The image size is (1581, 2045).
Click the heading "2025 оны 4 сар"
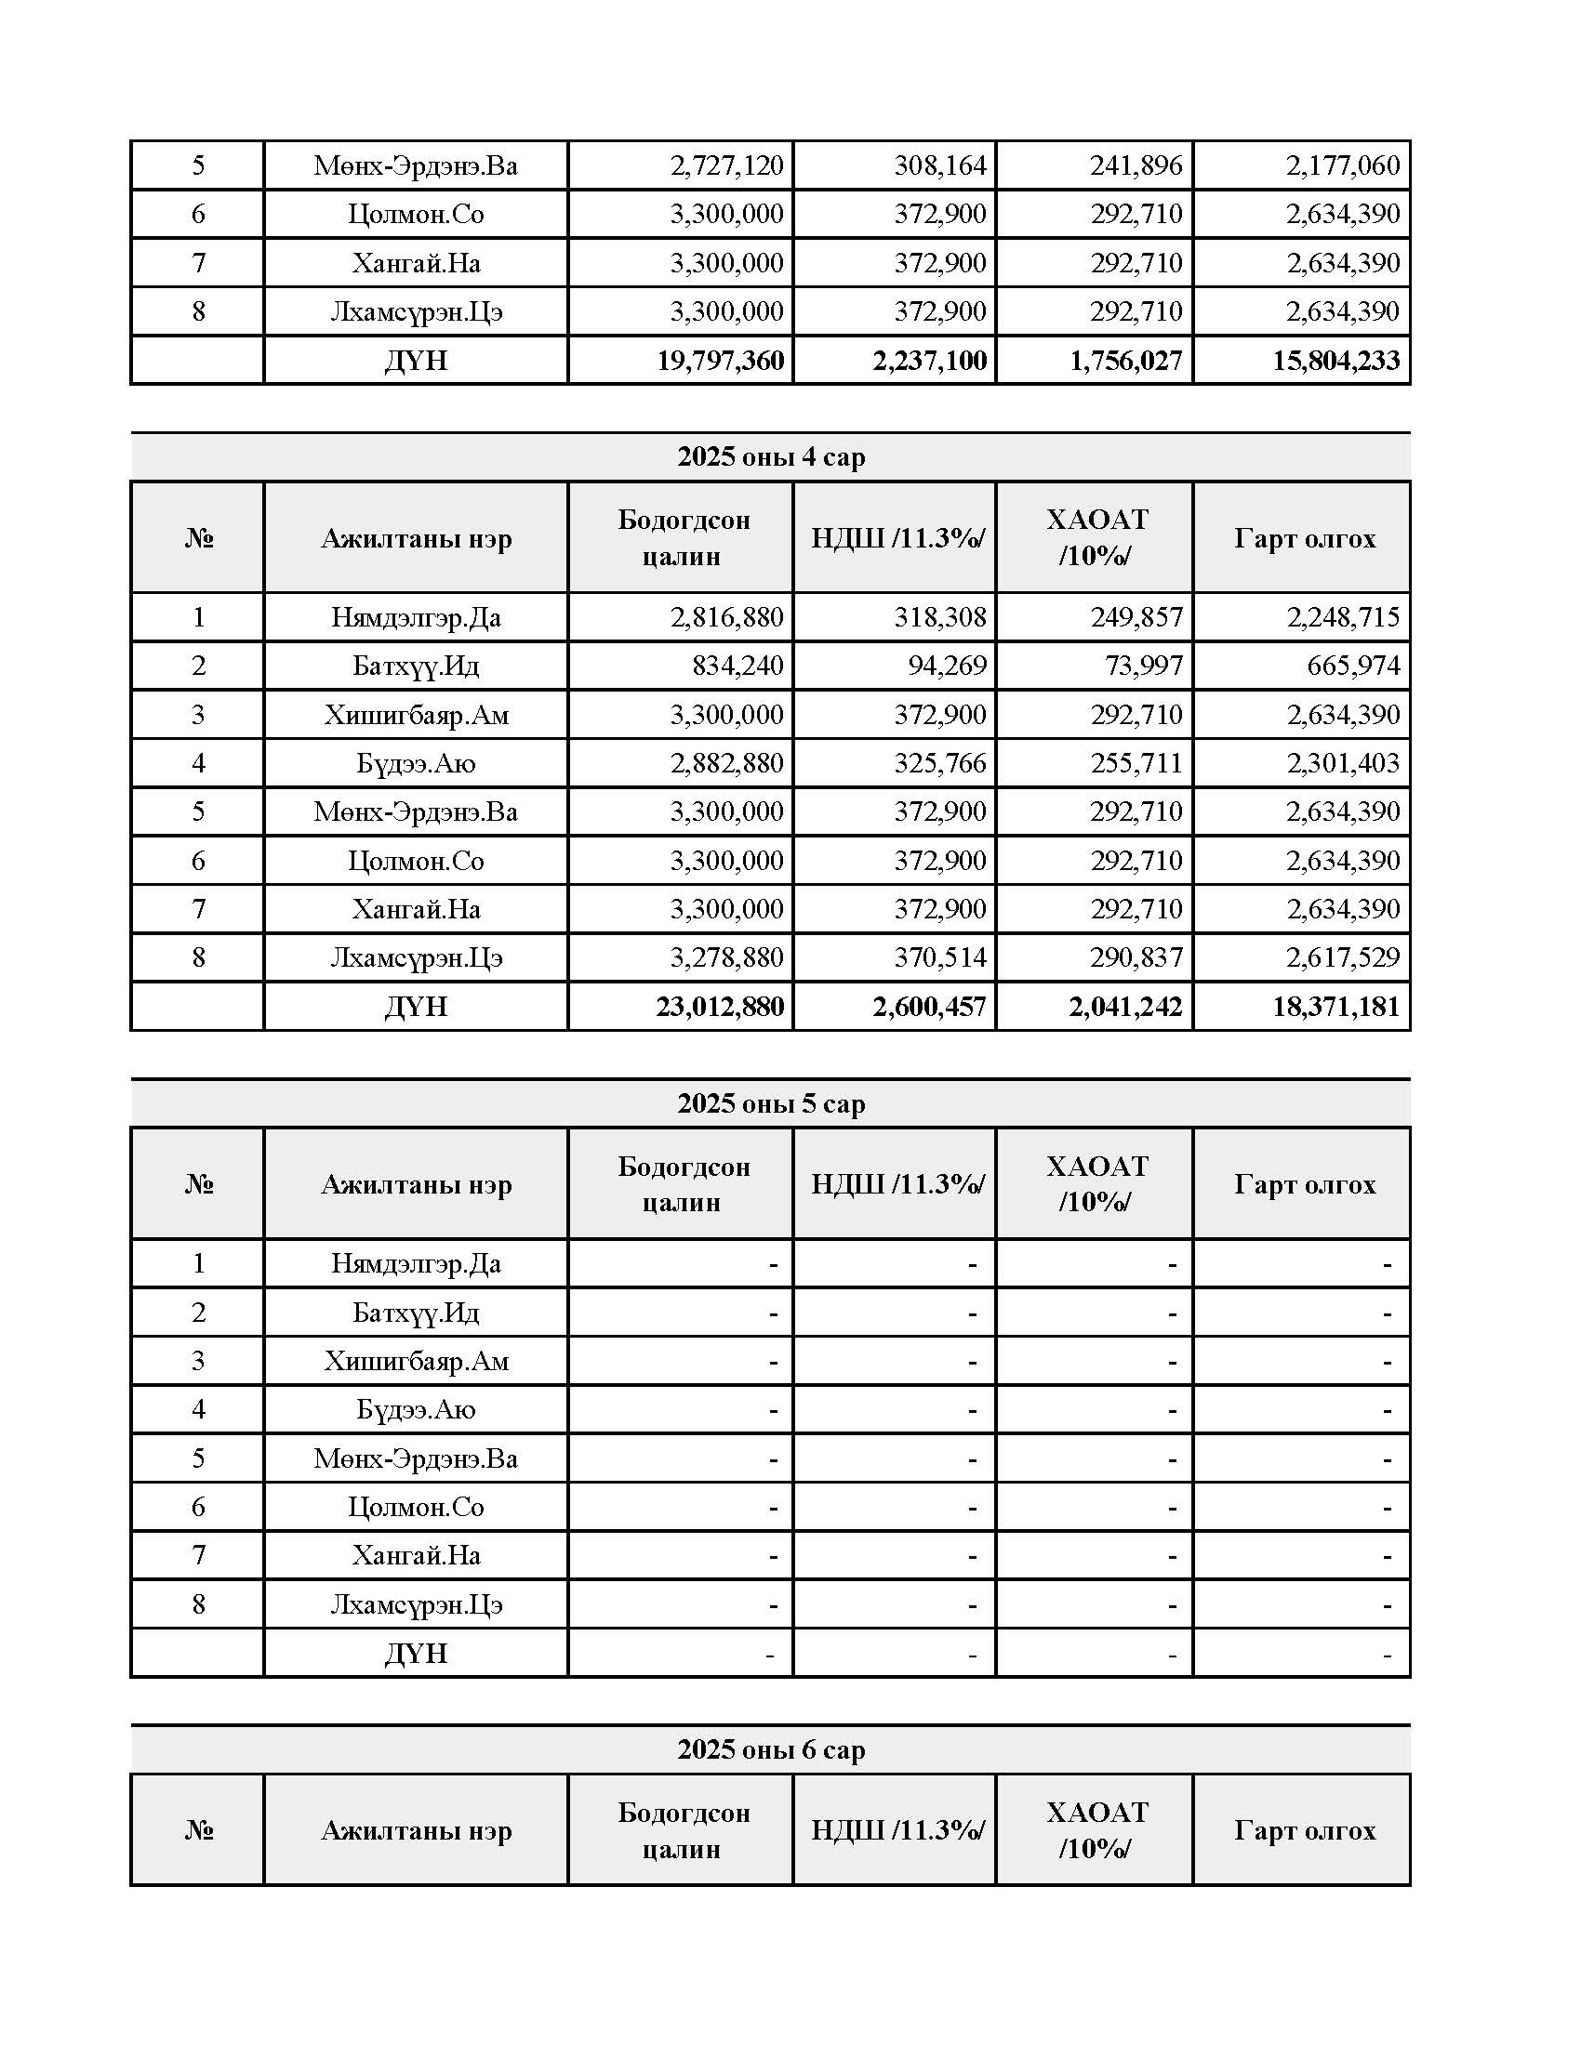pyautogui.click(x=771, y=457)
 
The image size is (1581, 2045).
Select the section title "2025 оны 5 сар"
pyautogui.click(x=771, y=1103)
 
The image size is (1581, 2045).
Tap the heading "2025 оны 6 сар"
pyautogui.click(x=771, y=1749)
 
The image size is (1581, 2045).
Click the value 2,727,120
pyautogui.click(x=726, y=165)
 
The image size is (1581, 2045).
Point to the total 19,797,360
pyautogui.click(x=719, y=361)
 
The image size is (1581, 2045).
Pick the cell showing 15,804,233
pyautogui.click(x=1335, y=361)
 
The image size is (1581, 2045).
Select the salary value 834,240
pyautogui.click(x=737, y=666)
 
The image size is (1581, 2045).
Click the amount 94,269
pyautogui.click(x=946, y=666)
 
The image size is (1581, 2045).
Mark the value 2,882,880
pyautogui.click(x=726, y=763)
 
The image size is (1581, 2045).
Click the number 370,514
pyautogui.click(x=939, y=957)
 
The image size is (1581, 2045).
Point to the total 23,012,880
pyautogui.click(x=719, y=1007)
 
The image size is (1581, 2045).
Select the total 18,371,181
pyautogui.click(x=1335, y=1007)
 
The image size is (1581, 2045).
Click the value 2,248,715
pyautogui.click(x=1342, y=617)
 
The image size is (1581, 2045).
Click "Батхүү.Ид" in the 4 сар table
pyautogui.click(x=416, y=666)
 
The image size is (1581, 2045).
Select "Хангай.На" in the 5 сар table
pyautogui.click(x=416, y=1555)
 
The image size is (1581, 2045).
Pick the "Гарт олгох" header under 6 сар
pyautogui.click(x=1304, y=1829)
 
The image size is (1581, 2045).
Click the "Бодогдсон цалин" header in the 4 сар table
pyautogui.click(x=683, y=537)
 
